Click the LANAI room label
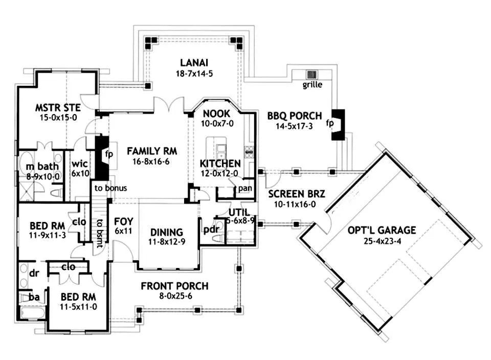pos(194,62)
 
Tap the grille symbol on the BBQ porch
pos(312,75)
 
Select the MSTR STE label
pos(58,108)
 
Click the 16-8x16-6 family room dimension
pos(151,162)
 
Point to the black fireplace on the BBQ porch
pos(338,125)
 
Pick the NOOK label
pos(217,114)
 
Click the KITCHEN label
pos(220,164)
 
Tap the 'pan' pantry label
pos(245,189)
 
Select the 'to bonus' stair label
pos(110,188)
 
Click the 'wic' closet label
pos(80,164)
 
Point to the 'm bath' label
pos(42,166)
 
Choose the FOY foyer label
pos(123,221)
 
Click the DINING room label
pos(167,232)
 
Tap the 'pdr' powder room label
pos(211,229)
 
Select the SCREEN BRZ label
pos(297,194)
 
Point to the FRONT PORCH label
pos(174,286)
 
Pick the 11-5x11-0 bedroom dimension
pos(78,307)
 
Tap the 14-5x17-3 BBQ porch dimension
pos(294,126)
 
